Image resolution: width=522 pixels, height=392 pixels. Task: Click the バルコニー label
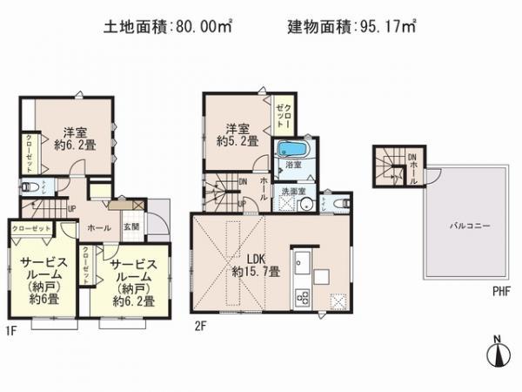[x=470, y=225]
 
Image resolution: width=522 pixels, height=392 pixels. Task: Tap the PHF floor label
[x=499, y=291]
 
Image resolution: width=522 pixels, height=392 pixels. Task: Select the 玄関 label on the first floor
[x=131, y=227]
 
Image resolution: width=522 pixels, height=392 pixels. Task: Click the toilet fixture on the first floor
[x=26, y=186]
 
